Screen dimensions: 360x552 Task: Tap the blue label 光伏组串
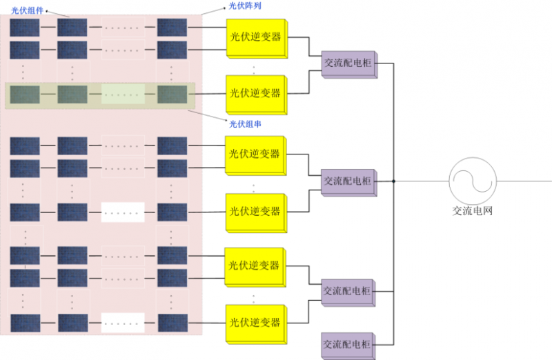pos(245,123)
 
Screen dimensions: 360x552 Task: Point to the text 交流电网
pos(472,211)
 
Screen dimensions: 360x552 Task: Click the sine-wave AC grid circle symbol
pos(473,181)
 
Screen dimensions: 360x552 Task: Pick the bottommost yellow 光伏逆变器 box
pos(255,322)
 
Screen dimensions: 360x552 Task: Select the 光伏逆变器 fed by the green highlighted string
pos(255,93)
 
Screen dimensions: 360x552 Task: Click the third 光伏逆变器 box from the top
pos(255,152)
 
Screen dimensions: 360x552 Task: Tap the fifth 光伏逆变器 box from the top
pos(255,266)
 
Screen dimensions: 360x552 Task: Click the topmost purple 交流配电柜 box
pos(348,63)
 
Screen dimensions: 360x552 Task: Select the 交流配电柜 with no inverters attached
pos(348,344)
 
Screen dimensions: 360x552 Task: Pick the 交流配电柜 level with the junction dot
pos(348,181)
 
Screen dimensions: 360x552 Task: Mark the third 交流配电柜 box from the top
pos(348,290)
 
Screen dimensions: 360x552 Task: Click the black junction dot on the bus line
pos(393,181)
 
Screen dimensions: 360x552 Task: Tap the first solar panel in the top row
pos(25,28)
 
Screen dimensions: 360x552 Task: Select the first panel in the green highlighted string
pos(25,94)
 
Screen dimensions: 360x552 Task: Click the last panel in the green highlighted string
pos(172,94)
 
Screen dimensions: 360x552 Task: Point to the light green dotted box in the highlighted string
pos(123,94)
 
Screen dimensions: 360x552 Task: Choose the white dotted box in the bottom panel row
pos(123,322)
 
